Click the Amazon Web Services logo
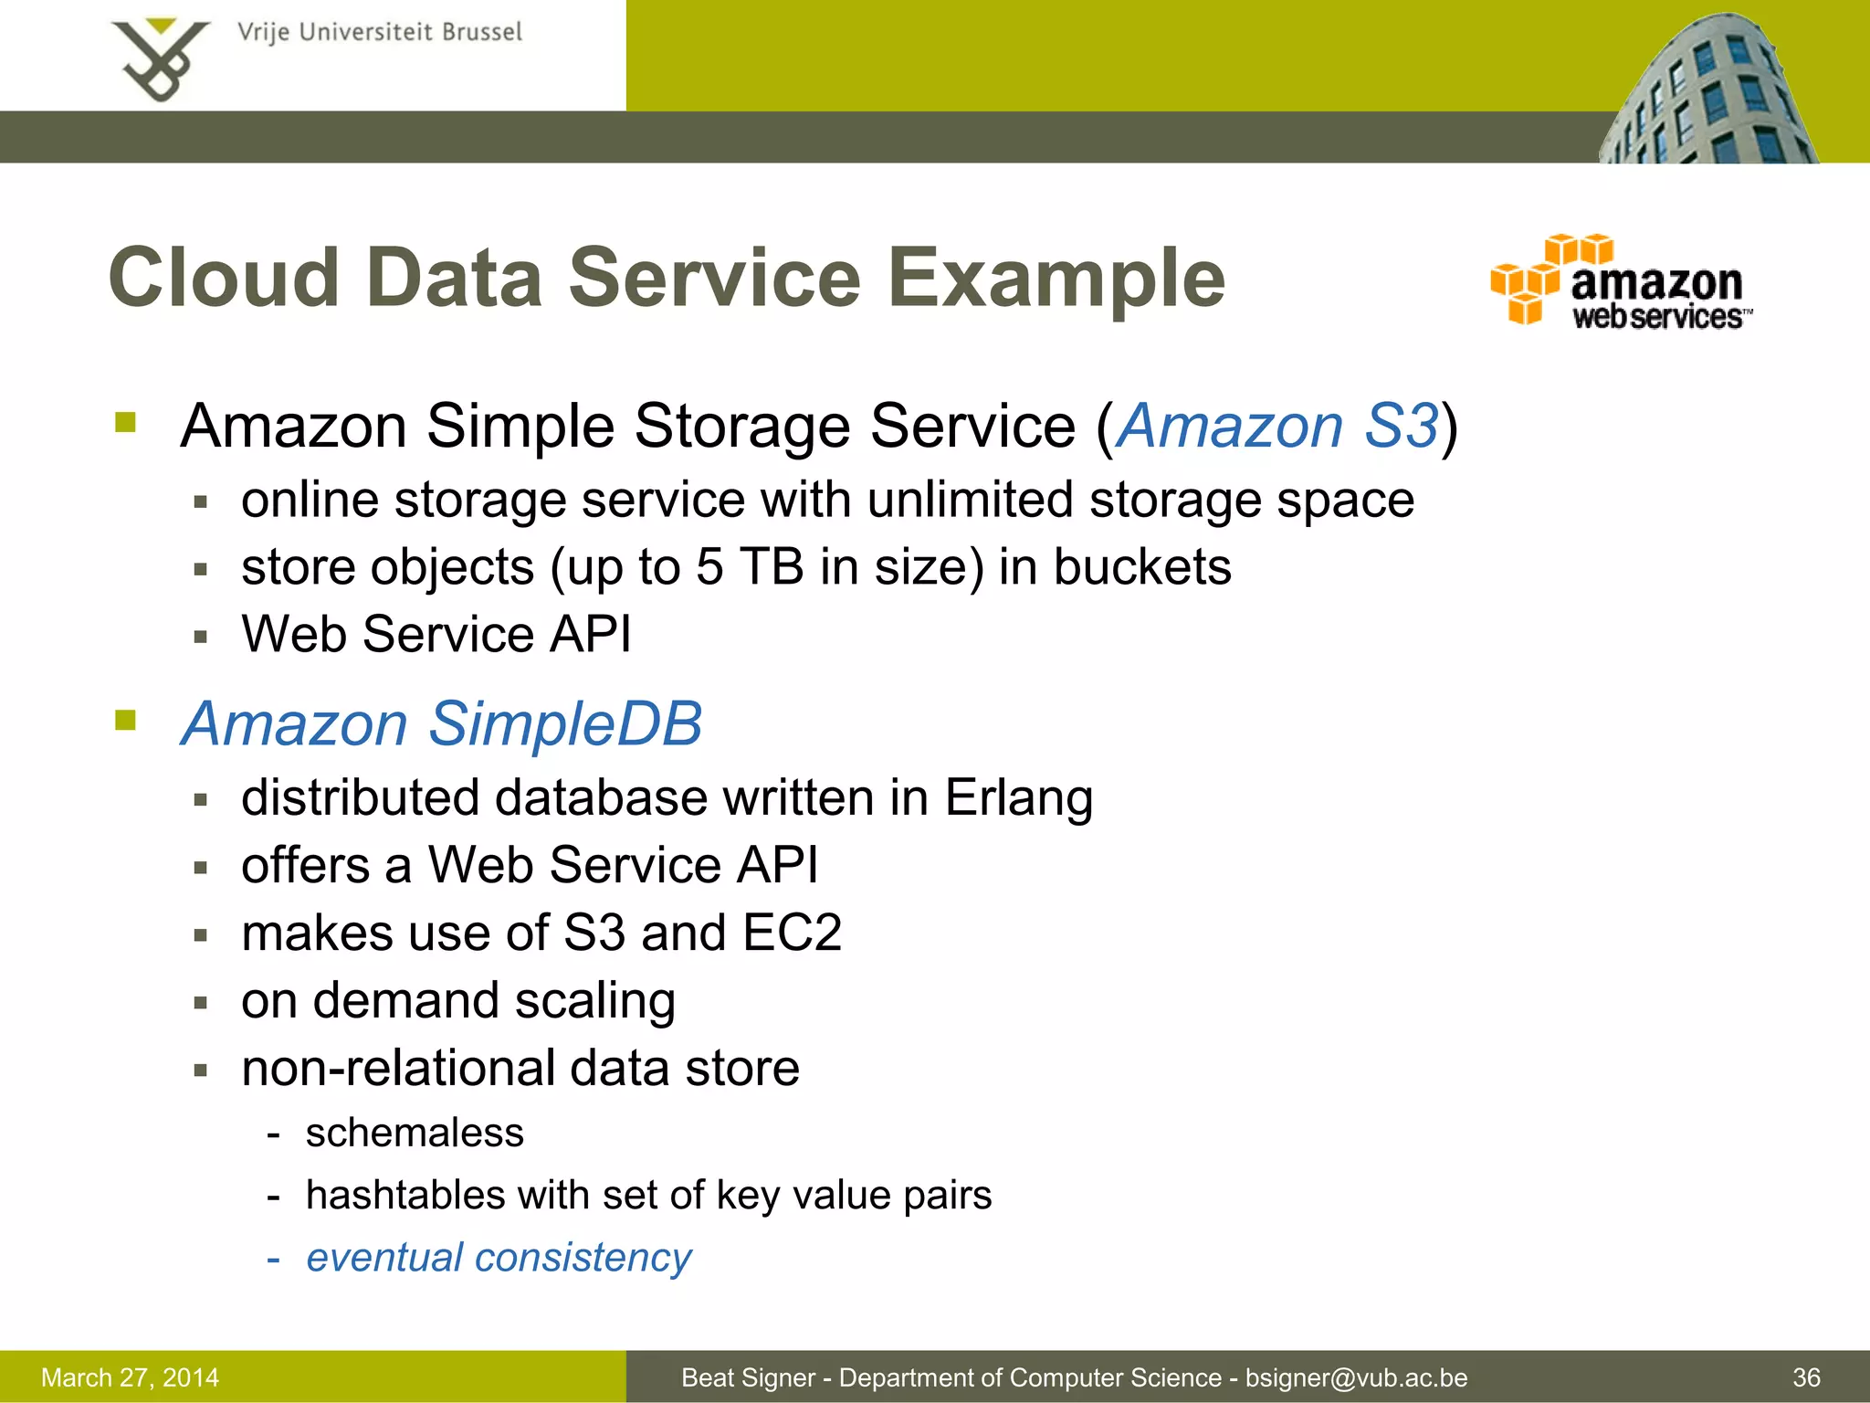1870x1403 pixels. click(1621, 281)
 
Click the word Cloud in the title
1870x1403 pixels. click(224, 279)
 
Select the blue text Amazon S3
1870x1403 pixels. click(1277, 426)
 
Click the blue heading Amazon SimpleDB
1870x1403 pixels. click(442, 723)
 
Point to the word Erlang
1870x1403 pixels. click(1018, 797)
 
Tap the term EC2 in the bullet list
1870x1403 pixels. click(792, 933)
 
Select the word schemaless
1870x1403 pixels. click(415, 1133)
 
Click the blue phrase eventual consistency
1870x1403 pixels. click(499, 1258)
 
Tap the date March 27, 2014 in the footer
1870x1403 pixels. click(131, 1377)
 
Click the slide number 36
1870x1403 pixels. click(1806, 1377)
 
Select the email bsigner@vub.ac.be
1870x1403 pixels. click(1356, 1377)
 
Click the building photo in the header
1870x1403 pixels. click(1707, 91)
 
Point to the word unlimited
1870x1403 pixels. click(970, 501)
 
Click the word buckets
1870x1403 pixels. click(1142, 567)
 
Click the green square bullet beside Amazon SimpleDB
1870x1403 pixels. click(125, 721)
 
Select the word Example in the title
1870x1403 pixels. click(1056, 279)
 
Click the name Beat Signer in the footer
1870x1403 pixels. click(748, 1377)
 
